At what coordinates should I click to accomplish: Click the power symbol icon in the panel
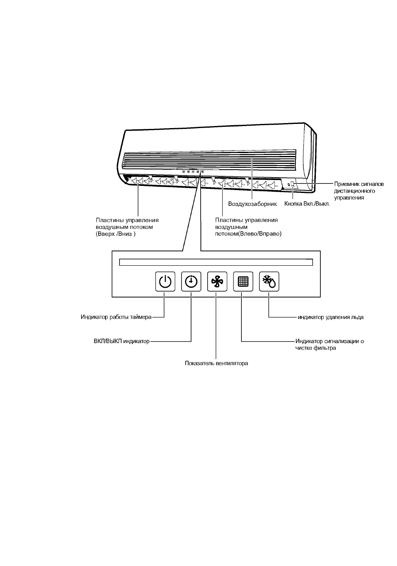point(165,281)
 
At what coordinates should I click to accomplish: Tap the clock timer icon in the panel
point(191,281)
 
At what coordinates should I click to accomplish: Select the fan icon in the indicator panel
point(217,281)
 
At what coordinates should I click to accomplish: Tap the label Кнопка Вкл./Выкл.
point(307,204)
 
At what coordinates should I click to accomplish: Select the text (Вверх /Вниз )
point(116,234)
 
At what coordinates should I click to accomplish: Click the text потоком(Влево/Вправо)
point(248,234)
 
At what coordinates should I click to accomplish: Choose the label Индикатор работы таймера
point(116,317)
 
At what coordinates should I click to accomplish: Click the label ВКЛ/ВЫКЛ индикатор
point(122,341)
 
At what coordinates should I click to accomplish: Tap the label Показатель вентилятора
point(216,363)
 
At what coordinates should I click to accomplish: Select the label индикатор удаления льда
point(330,317)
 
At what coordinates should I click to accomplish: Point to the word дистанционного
point(355,191)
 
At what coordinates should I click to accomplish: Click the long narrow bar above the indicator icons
point(216,262)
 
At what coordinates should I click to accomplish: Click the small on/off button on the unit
point(293,184)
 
